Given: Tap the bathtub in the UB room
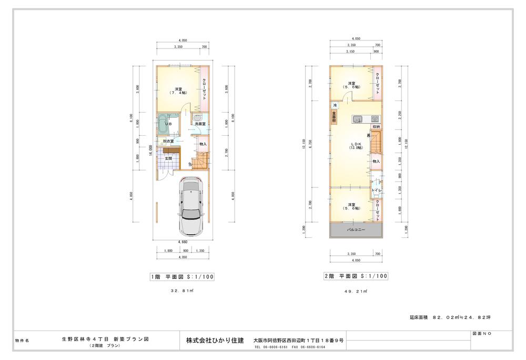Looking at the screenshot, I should [x=164, y=125].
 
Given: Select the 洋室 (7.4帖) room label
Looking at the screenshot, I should [x=178, y=91].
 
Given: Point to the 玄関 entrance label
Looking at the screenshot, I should [x=168, y=158].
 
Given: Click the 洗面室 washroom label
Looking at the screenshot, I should [x=200, y=124].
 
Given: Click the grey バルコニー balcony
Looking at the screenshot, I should [x=355, y=230].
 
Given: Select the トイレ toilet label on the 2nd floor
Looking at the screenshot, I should [x=377, y=189].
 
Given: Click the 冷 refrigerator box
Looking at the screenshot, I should [x=334, y=106].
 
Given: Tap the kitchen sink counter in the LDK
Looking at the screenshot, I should [x=366, y=118].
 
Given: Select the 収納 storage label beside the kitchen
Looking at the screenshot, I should [x=377, y=127].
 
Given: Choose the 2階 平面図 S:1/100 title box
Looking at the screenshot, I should [x=356, y=276].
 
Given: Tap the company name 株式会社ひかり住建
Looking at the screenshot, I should [x=215, y=341].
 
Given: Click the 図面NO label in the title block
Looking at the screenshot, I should [x=482, y=334].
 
